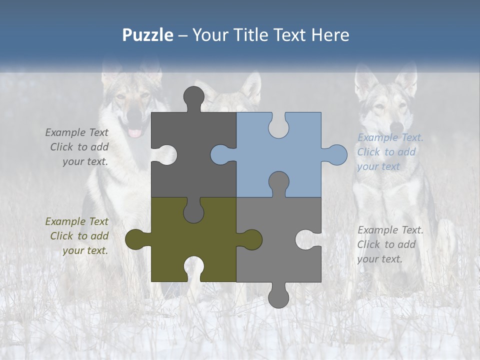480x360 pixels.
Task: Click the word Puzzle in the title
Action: [147, 35]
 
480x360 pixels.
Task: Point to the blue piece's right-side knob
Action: [336, 155]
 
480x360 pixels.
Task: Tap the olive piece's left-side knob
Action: [135, 239]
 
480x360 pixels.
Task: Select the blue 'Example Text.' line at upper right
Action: [390, 137]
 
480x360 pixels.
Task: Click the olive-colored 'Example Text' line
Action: [76, 221]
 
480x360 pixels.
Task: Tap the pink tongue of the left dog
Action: [135, 132]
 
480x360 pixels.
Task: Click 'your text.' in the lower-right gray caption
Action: [379, 259]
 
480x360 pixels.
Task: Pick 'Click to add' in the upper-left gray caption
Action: [79, 147]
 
